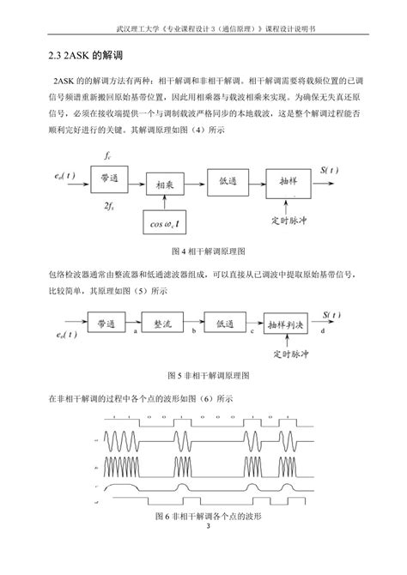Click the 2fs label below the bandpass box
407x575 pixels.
point(106,206)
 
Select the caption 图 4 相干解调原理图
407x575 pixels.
point(209,251)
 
